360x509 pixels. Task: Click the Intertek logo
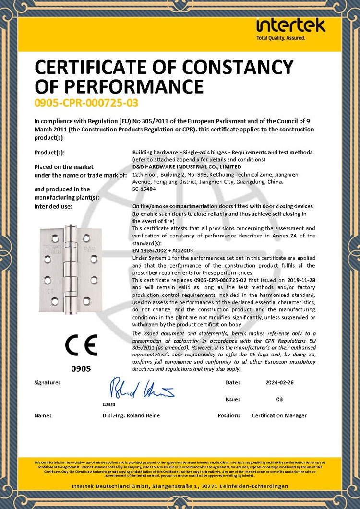pos(290,28)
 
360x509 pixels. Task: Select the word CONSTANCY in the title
pos(238,66)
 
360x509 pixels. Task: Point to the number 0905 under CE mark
pos(81,369)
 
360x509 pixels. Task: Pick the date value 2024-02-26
pos(279,383)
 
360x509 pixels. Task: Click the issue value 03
pos(279,399)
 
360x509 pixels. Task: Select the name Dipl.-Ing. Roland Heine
pos(131,415)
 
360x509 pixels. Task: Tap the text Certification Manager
pos(279,415)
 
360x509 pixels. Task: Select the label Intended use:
pos(53,206)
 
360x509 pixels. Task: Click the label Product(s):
pos(50,153)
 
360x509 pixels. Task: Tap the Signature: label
pos(47,383)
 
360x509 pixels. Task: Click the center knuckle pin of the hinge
pos(72,269)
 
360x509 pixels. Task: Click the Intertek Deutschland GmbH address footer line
pos(180,486)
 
